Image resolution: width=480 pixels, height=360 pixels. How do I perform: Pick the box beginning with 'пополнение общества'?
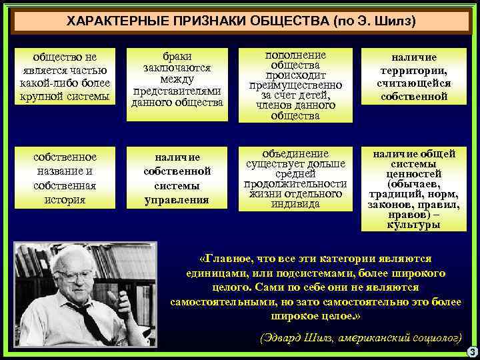point(295,85)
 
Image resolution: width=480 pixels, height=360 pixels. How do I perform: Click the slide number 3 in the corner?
point(471,352)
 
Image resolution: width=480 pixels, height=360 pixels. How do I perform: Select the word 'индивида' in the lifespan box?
point(295,204)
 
